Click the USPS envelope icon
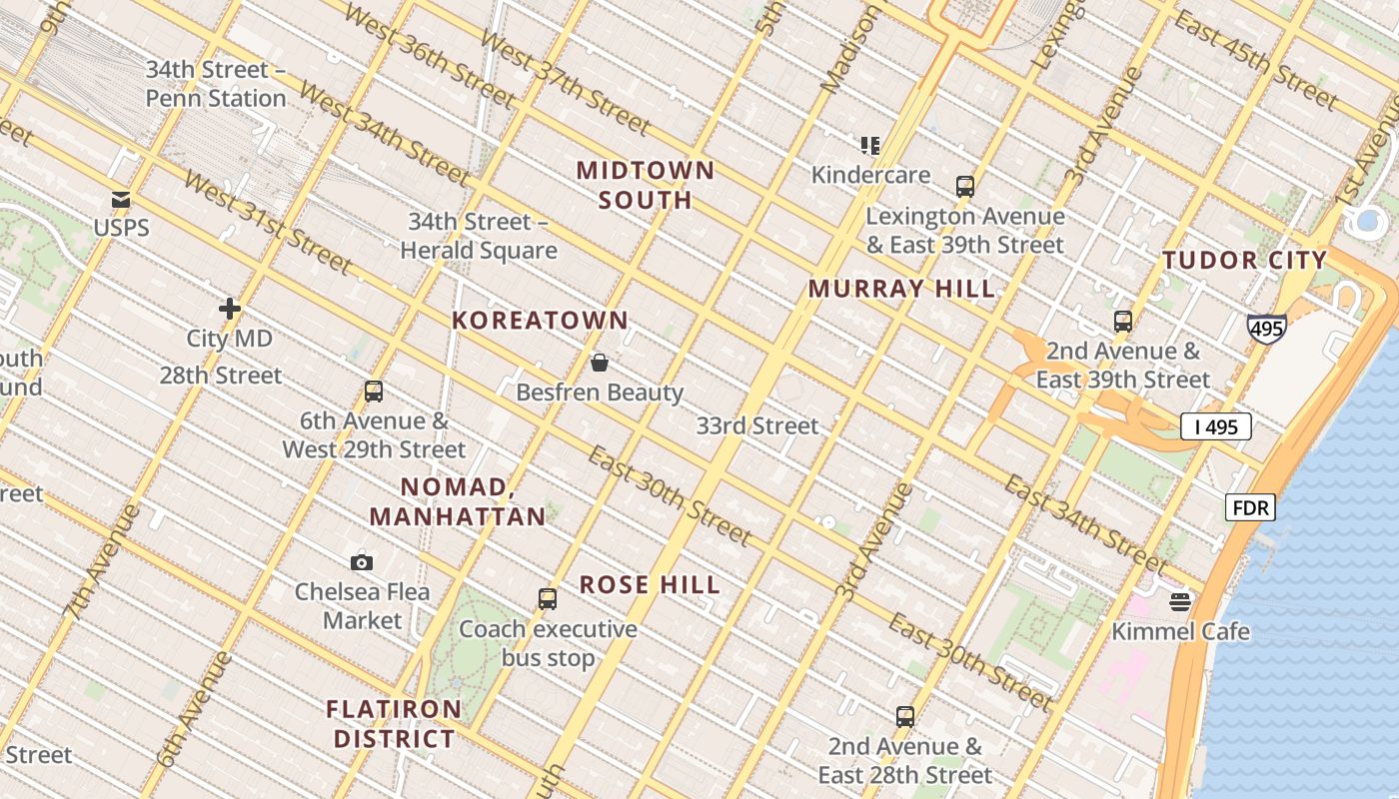click(121, 200)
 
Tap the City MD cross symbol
click(230, 309)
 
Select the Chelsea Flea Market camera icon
click(362, 562)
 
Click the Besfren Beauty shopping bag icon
click(600, 363)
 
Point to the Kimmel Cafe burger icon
click(1180, 601)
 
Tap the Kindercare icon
click(870, 146)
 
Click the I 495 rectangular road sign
click(1215, 426)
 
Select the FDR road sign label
click(1250, 507)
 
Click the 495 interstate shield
click(1266, 328)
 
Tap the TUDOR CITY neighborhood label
click(1244, 261)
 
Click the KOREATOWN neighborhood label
click(541, 321)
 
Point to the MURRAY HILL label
click(901, 289)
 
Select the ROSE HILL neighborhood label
click(650, 584)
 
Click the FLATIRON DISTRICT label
click(394, 724)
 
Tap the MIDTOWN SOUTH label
click(646, 185)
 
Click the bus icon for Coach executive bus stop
click(548, 599)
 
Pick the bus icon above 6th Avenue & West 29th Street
click(374, 392)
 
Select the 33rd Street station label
click(756, 425)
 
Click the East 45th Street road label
click(1255, 60)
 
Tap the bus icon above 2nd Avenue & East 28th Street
click(905, 716)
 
